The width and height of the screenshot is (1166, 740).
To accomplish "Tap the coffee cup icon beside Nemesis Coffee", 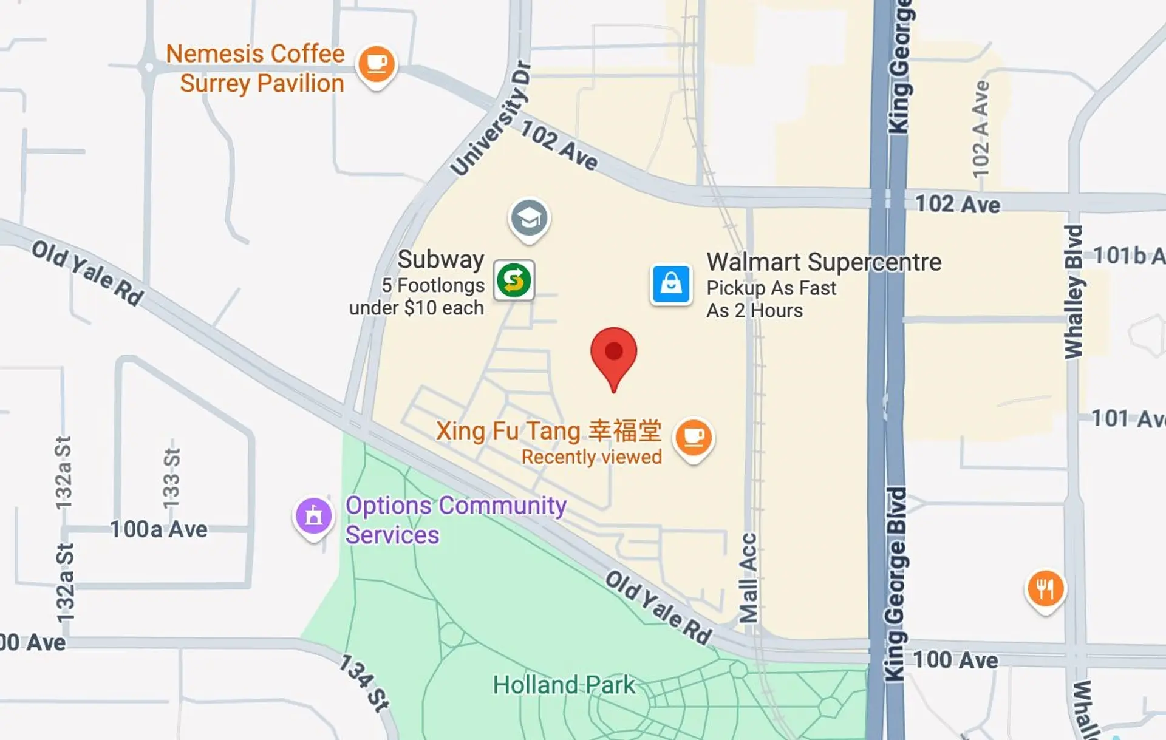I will [377, 64].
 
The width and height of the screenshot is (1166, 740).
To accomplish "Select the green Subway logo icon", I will [514, 280].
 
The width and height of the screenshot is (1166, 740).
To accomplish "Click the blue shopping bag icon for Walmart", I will [671, 283].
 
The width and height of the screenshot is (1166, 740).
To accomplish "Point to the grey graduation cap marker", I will [529, 218].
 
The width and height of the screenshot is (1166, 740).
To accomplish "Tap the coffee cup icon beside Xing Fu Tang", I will [694, 437].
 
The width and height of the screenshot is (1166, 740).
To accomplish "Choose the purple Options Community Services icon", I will [313, 516].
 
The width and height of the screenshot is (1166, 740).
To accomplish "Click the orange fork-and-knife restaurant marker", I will [1045, 588].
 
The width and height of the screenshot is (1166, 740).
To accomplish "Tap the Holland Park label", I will [564, 685].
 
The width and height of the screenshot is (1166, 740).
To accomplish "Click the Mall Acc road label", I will [748, 578].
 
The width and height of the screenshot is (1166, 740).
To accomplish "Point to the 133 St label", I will [171, 478].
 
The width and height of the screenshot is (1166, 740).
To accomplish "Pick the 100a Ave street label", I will [159, 529].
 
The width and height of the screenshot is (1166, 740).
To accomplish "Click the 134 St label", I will [363, 682].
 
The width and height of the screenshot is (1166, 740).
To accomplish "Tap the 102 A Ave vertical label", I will [981, 129].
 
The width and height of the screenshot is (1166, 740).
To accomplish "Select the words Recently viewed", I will [592, 457].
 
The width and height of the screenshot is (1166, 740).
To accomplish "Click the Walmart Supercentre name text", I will [823, 262].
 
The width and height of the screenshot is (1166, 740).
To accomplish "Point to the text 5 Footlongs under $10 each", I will [425, 296].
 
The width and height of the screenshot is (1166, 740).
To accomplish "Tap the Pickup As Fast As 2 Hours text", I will [771, 299].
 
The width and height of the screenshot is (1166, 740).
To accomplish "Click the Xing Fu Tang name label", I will [548, 431].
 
